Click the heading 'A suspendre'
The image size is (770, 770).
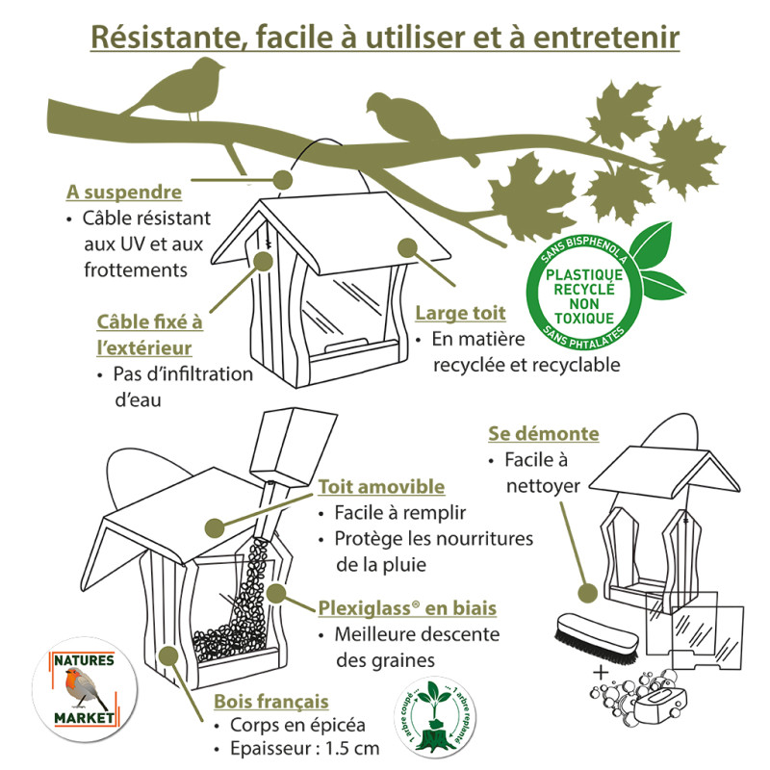123,192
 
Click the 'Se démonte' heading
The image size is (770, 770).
544,434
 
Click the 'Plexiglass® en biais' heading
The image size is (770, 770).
407,608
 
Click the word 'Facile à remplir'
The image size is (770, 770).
398,513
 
